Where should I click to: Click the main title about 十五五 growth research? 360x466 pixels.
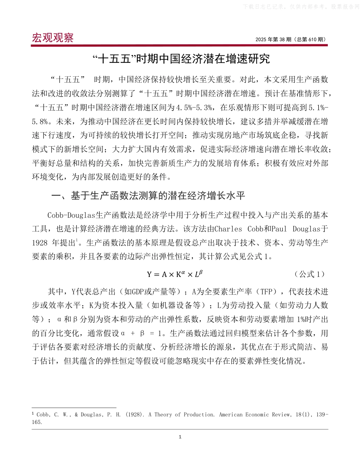tap(180, 59)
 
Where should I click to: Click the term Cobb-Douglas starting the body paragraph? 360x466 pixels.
tap(71, 215)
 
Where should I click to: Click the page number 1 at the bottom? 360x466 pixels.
tap(180, 437)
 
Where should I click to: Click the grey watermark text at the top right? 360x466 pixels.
tap(299, 6)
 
